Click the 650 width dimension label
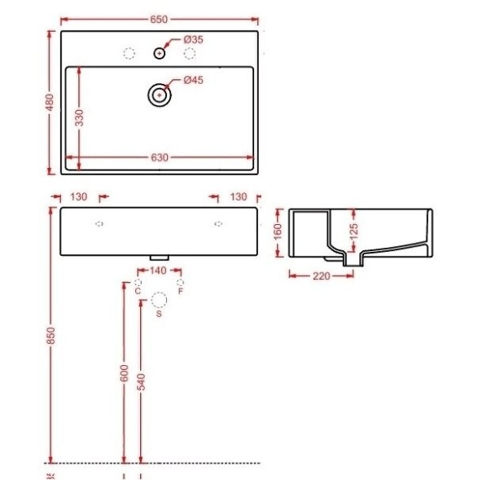tap(159, 15)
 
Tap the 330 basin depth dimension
tap(79, 117)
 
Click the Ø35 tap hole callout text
tap(193, 39)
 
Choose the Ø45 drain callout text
tap(193, 80)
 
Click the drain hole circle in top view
tap(159, 95)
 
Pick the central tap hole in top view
tap(159, 54)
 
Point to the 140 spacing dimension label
tap(159, 271)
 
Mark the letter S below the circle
tap(159, 314)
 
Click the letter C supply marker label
tap(138, 290)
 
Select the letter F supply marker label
tap(180, 290)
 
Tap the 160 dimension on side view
tap(276, 231)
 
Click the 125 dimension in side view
tap(353, 231)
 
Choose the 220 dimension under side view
tap(322, 275)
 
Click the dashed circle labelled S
tap(159, 300)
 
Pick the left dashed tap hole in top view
tap(128, 54)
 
